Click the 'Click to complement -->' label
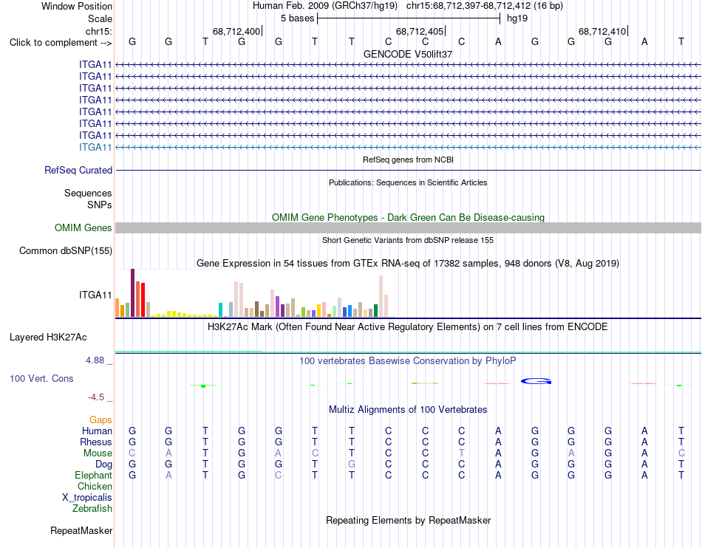61,43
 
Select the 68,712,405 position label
420,31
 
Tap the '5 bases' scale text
297,18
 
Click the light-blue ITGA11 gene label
95,147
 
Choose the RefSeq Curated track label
78,170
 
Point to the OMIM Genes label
84,227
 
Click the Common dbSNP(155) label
66,250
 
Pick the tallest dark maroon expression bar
132,292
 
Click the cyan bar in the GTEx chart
220,309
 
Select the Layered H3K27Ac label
48,337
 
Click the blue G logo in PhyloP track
536,381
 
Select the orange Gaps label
100,419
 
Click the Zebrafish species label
92,508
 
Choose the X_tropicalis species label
87,497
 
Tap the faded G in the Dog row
352,464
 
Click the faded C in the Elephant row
279,475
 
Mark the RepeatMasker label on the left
81,530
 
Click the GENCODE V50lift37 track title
408,54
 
